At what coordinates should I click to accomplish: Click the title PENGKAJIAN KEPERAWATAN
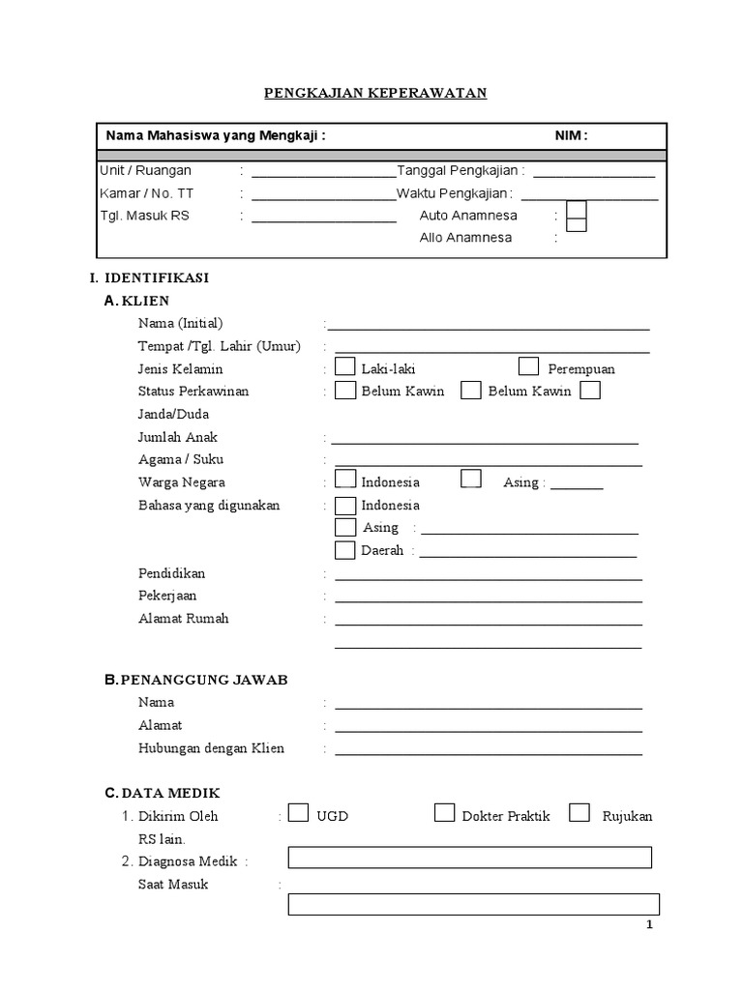coord(376,93)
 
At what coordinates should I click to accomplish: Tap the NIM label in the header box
coord(570,136)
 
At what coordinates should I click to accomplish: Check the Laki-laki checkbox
coord(345,367)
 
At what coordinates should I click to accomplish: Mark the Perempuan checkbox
coord(528,366)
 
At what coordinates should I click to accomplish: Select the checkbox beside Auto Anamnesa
coord(577,210)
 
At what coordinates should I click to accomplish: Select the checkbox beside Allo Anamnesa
coord(577,227)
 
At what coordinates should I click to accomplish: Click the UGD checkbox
coord(299,813)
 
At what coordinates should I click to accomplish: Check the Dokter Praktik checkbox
coord(444,813)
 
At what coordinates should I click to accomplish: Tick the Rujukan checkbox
coord(580,813)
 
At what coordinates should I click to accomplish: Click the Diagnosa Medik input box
coord(470,858)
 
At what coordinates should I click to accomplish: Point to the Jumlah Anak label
coord(178,437)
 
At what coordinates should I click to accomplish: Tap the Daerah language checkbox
coord(345,550)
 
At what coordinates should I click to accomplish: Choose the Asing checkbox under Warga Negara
coord(471,480)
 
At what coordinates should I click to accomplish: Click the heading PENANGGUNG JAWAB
coord(203,680)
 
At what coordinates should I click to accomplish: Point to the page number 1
coord(650,925)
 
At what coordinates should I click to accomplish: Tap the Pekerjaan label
coord(167,596)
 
